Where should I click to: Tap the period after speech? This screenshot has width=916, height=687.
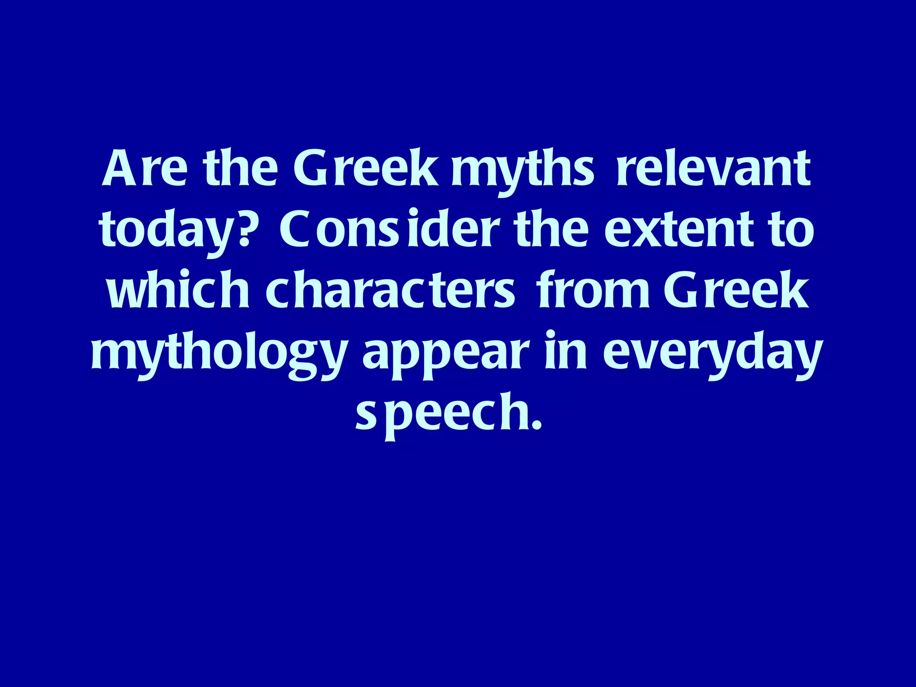tap(537, 427)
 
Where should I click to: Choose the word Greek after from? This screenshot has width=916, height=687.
tap(736, 290)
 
